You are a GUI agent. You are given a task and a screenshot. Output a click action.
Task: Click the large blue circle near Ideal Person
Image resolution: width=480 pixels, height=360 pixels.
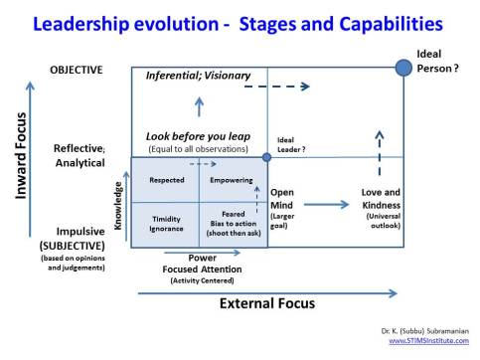pyautogui.click(x=403, y=67)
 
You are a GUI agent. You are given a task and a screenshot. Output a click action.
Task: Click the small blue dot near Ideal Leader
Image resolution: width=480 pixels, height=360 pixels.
pyautogui.click(x=266, y=157)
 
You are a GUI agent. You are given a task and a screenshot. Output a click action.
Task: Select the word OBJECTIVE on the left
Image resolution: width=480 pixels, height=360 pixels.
pyautogui.click(x=76, y=69)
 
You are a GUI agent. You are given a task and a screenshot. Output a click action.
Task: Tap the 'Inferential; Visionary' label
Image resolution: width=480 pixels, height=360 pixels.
pyautogui.click(x=198, y=76)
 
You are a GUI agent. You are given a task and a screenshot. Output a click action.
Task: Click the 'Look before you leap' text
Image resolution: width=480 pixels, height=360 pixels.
pyautogui.click(x=198, y=135)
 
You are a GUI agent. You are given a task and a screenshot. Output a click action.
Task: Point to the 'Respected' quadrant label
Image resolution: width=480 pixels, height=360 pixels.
pyautogui.click(x=165, y=181)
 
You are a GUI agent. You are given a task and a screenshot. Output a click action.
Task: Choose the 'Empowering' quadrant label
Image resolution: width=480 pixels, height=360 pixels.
pyautogui.click(x=233, y=181)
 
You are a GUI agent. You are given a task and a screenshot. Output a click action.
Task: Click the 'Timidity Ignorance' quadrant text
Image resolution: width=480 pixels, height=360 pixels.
pyautogui.click(x=165, y=223)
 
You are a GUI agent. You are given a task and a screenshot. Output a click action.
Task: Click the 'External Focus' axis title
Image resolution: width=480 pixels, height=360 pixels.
pyautogui.click(x=252, y=303)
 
